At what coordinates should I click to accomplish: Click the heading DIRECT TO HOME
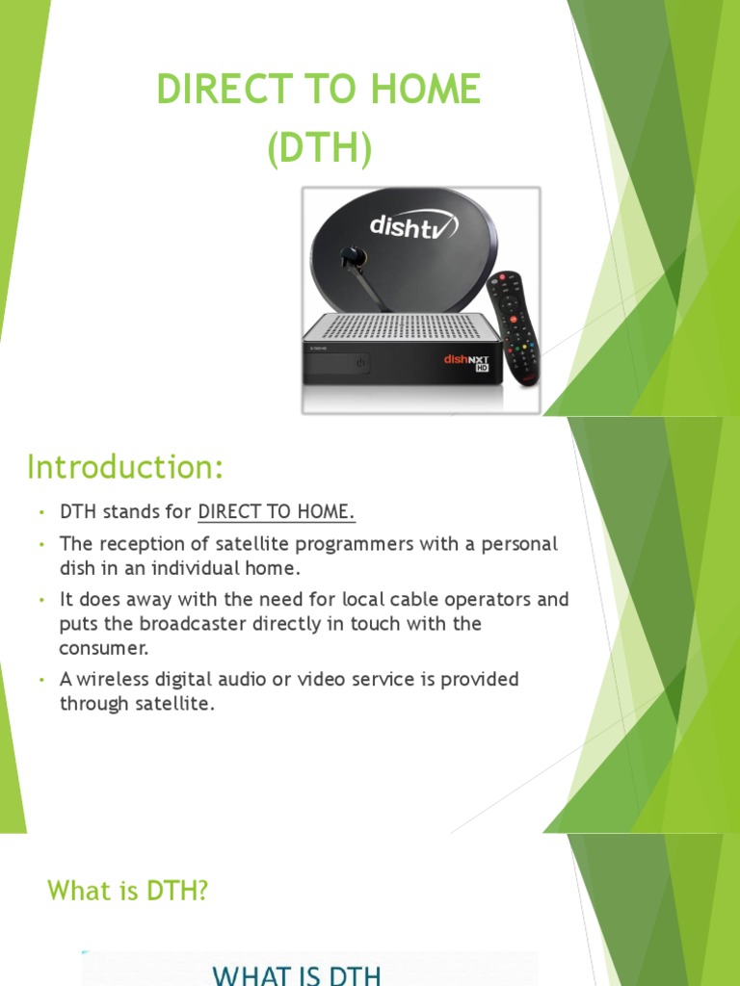pyautogui.click(x=318, y=90)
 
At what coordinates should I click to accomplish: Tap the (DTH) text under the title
pyautogui.click(x=318, y=151)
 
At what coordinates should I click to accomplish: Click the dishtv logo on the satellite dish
pyautogui.click(x=413, y=227)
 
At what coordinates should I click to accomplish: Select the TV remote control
pyautogui.click(x=515, y=327)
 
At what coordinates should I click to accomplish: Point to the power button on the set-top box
pyautogui.click(x=359, y=363)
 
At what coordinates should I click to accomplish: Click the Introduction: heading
pyautogui.click(x=125, y=467)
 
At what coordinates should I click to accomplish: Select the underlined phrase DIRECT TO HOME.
pyautogui.click(x=269, y=512)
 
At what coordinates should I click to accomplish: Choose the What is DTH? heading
pyautogui.click(x=128, y=892)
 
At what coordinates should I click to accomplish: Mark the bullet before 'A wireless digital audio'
pyautogui.click(x=42, y=680)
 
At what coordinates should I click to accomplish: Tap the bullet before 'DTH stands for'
pyautogui.click(x=42, y=512)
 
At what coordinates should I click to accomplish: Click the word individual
pyautogui.click(x=186, y=568)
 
